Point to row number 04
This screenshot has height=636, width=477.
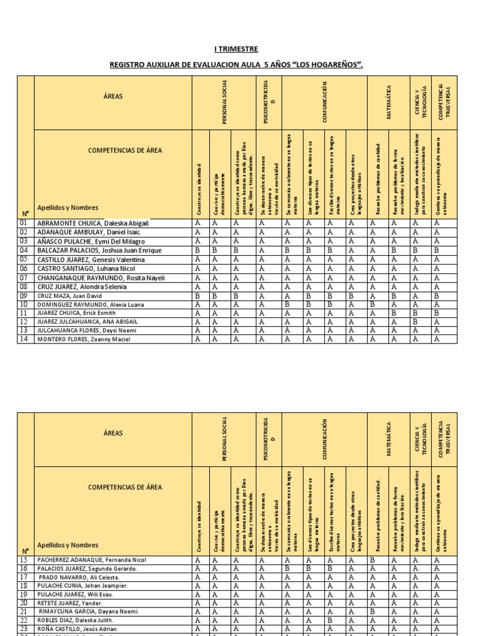click(24, 250)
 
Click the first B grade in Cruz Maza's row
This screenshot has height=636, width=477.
click(198, 296)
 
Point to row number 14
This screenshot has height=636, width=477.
click(24, 339)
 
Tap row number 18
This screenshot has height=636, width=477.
click(24, 586)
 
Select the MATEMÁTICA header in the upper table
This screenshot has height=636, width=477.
click(389, 103)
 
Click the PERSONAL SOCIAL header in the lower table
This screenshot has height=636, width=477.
click(225, 439)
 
